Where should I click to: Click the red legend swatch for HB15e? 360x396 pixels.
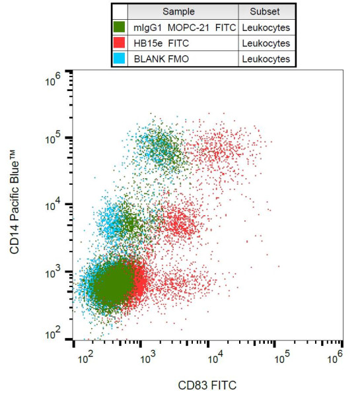(x=120, y=44)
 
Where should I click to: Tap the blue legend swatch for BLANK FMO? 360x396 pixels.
(x=120, y=59)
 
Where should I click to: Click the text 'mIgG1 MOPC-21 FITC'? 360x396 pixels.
(x=184, y=28)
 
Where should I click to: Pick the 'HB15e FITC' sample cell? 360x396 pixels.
(x=159, y=44)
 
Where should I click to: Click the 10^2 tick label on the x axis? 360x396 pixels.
(x=83, y=358)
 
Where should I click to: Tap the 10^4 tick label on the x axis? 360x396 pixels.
(x=217, y=358)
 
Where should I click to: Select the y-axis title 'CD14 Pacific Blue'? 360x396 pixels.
(x=15, y=207)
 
